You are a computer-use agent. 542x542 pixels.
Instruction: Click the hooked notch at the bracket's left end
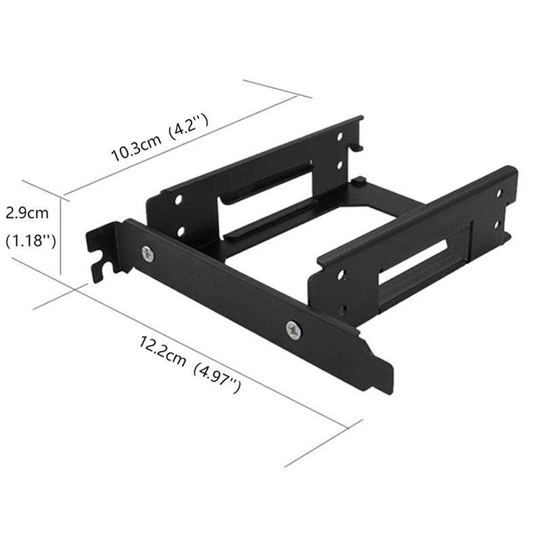coord(102,261)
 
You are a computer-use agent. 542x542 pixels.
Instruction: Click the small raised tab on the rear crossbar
coord(360,181)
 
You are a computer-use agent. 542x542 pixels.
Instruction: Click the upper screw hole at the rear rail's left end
coord(179,201)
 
